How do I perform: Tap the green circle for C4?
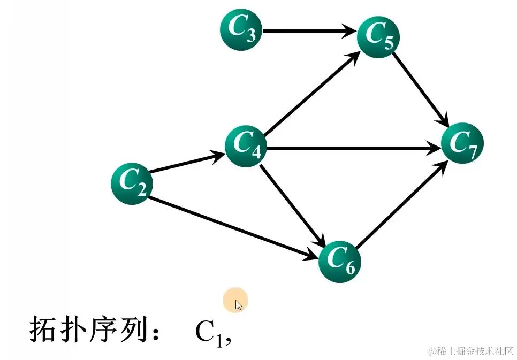(246, 145)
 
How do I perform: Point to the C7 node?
(462, 143)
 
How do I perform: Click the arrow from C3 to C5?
(309, 32)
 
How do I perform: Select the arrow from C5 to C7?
(421, 89)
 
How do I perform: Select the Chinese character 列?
(134, 330)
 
